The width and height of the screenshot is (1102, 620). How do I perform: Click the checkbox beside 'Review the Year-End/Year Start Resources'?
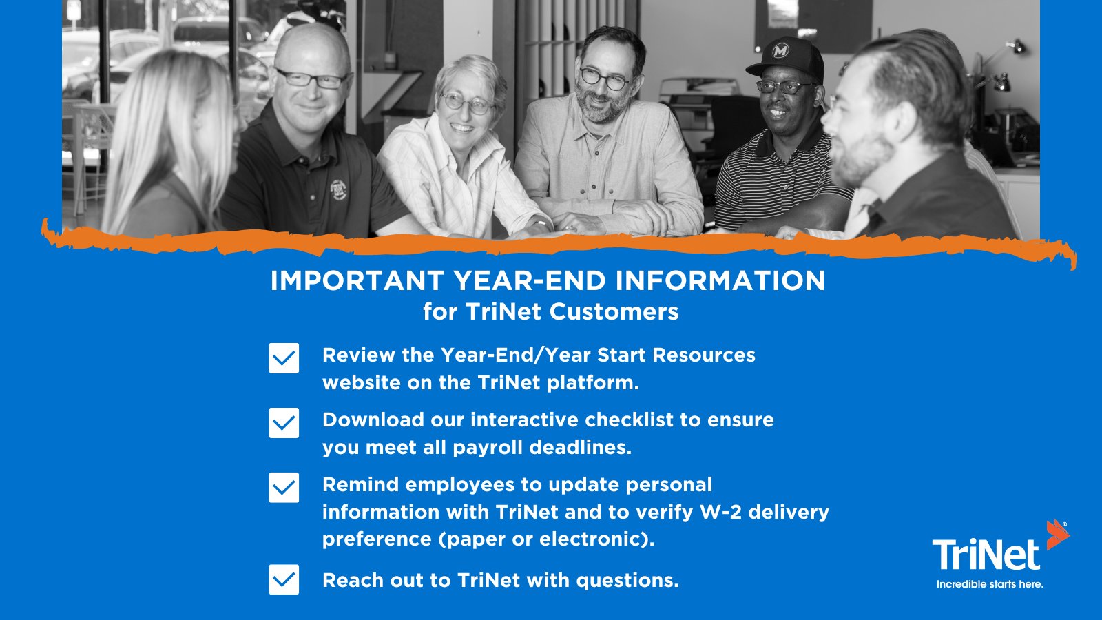point(284,358)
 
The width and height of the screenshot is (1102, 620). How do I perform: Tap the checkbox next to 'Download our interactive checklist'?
point(284,423)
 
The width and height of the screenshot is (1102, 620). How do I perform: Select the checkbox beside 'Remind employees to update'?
point(284,488)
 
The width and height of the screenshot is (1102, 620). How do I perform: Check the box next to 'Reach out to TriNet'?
point(284,579)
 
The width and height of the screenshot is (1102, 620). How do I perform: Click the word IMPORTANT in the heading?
point(357,281)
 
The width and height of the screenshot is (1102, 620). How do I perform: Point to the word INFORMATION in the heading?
point(720,281)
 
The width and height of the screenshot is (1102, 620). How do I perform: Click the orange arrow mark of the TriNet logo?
point(1057,535)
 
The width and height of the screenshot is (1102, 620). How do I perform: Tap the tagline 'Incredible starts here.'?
point(990,584)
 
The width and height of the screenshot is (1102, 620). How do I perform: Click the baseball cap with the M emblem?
point(786,59)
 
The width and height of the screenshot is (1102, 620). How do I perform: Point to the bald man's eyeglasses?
point(311,78)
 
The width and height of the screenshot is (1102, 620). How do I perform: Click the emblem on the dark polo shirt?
point(338,189)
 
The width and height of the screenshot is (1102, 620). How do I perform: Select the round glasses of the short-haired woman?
point(468,104)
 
